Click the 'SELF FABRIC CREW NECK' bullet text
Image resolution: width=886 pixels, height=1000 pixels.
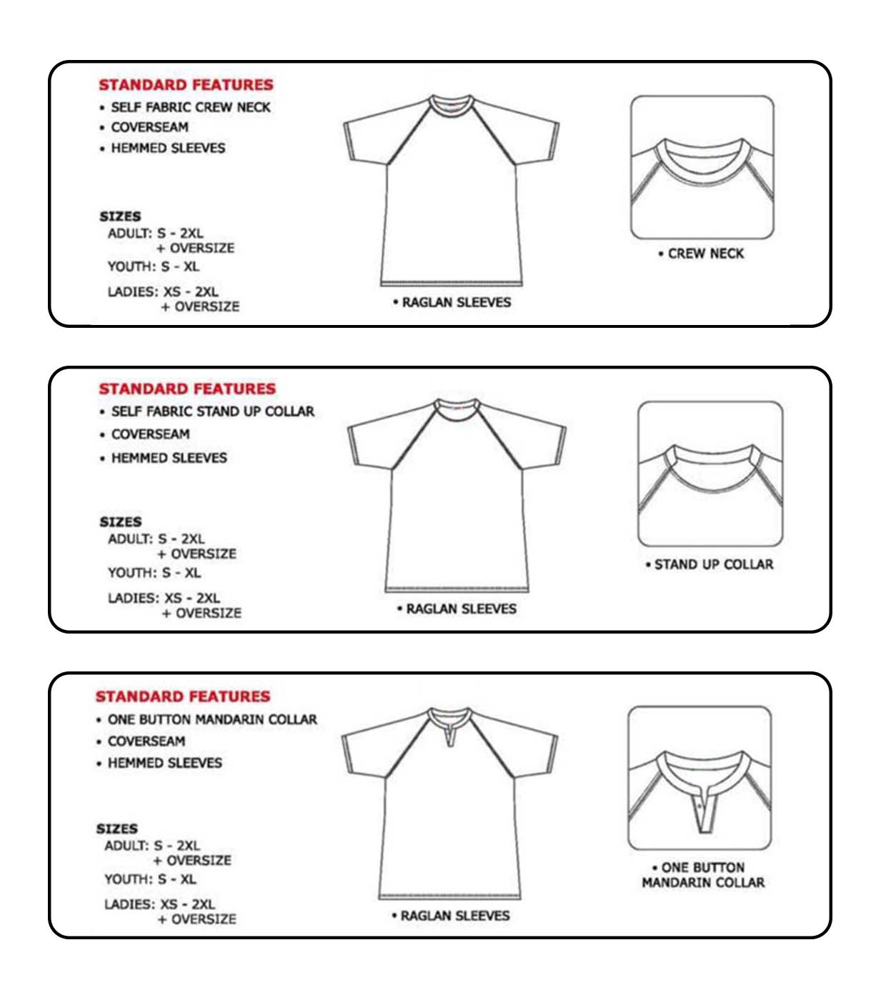click(191, 107)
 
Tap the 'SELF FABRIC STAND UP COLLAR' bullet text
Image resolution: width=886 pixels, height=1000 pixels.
click(212, 411)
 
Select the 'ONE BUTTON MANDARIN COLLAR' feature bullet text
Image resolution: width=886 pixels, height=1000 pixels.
click(212, 719)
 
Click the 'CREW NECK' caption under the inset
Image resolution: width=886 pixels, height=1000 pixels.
click(705, 254)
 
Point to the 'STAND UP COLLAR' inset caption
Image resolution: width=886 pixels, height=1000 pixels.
click(713, 564)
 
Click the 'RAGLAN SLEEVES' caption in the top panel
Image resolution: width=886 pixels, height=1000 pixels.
click(456, 302)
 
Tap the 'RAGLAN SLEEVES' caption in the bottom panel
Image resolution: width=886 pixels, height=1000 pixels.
click(454, 916)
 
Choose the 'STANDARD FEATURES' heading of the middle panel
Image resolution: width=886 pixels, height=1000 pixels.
click(186, 389)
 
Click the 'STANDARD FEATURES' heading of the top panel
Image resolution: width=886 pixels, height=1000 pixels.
click(186, 85)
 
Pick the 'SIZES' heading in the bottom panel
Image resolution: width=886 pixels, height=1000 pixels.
click(117, 829)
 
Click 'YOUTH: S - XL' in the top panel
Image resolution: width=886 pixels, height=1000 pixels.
click(154, 266)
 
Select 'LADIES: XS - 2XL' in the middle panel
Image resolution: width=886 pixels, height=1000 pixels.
click(164, 598)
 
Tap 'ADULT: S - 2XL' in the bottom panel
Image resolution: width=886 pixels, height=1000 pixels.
click(152, 846)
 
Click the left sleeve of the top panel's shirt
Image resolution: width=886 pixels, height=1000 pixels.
click(370, 136)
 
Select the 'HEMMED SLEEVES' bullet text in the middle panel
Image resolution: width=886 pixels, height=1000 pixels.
click(169, 458)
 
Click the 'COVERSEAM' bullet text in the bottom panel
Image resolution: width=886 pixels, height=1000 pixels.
click(146, 741)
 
